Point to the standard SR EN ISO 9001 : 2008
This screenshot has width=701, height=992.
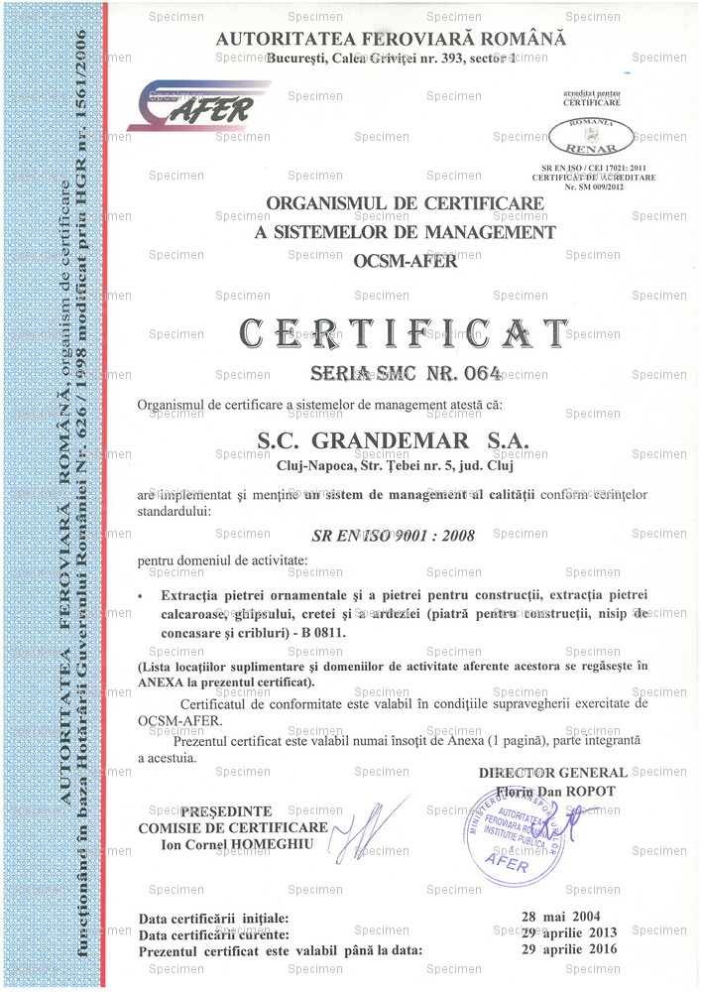click(393, 536)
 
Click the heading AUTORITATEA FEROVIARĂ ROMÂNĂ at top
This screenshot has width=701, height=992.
click(392, 39)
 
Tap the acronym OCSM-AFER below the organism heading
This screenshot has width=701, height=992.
click(405, 262)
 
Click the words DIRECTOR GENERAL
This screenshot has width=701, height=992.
click(552, 773)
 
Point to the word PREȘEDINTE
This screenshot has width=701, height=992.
click(226, 811)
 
